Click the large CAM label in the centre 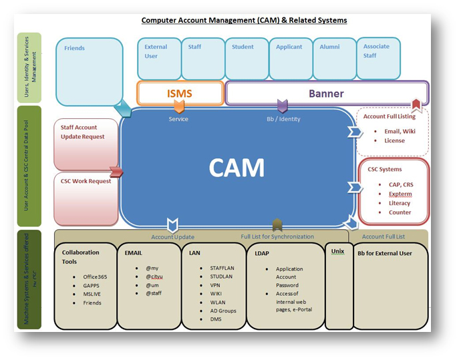click(x=237, y=168)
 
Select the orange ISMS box click(x=180, y=94)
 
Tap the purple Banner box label click(x=326, y=94)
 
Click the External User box click(x=158, y=58)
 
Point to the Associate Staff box click(x=378, y=58)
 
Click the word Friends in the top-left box click(x=75, y=49)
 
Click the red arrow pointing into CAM click(x=116, y=172)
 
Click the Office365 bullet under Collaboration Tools click(x=97, y=277)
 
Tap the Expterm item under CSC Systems click(x=400, y=194)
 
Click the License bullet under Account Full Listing click(x=394, y=141)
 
